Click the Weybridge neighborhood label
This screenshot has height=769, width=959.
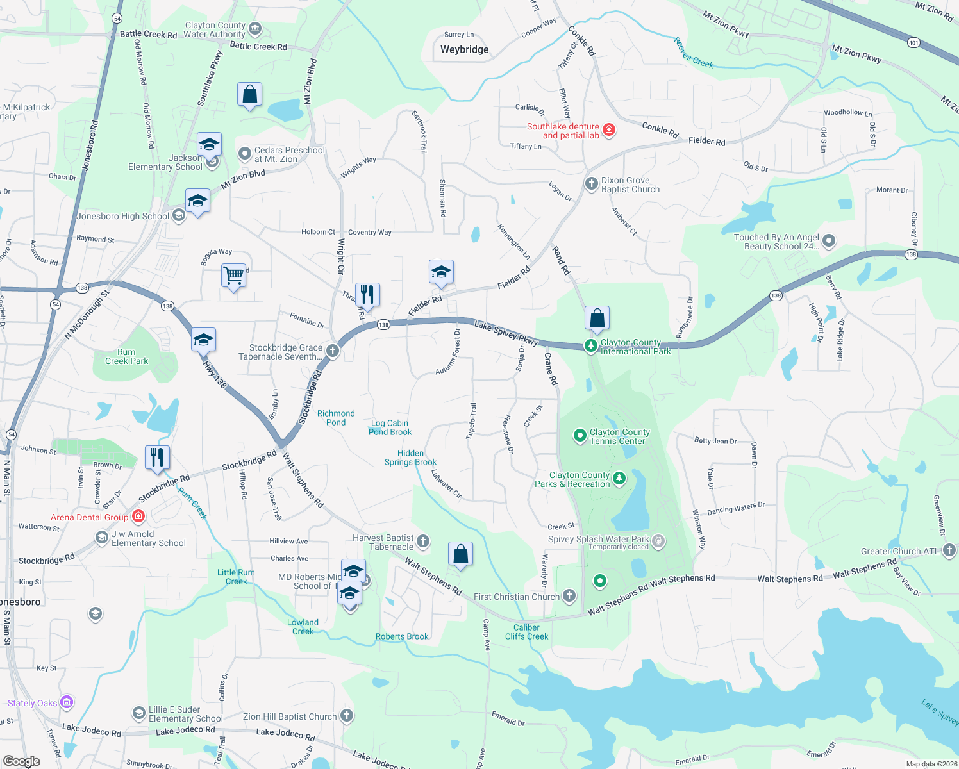pyautogui.click(x=464, y=49)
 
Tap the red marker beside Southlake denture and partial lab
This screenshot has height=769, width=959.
pyautogui.click(x=609, y=130)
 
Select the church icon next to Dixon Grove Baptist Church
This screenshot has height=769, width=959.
pyautogui.click(x=592, y=184)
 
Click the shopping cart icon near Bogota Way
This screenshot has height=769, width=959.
pyautogui.click(x=234, y=276)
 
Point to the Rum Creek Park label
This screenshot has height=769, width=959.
pyautogui.click(x=126, y=356)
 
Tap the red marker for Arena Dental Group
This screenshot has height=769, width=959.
pyautogui.click(x=138, y=516)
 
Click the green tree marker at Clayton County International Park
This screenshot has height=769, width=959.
pyautogui.click(x=590, y=346)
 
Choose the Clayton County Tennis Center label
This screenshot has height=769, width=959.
pyautogui.click(x=619, y=436)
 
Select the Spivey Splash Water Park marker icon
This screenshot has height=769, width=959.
pyautogui.click(x=658, y=542)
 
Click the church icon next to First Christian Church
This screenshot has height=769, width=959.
pyautogui.click(x=569, y=596)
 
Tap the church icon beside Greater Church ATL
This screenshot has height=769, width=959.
pyautogui.click(x=949, y=550)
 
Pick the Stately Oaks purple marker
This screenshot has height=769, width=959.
pyautogui.click(x=67, y=702)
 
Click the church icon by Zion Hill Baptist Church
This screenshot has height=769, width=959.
pyautogui.click(x=346, y=716)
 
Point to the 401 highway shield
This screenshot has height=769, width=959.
pyautogui.click(x=913, y=43)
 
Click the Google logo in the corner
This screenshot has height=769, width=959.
pyautogui.click(x=21, y=761)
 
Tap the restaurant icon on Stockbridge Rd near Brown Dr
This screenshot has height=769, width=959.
pyautogui.click(x=157, y=458)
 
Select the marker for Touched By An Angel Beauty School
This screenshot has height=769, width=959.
pyautogui.click(x=829, y=242)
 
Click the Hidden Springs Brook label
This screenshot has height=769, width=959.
pyautogui.click(x=410, y=458)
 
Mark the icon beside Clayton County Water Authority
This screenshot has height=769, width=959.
pyautogui.click(x=255, y=28)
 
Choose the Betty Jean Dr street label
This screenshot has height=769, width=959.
pyautogui.click(x=715, y=441)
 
